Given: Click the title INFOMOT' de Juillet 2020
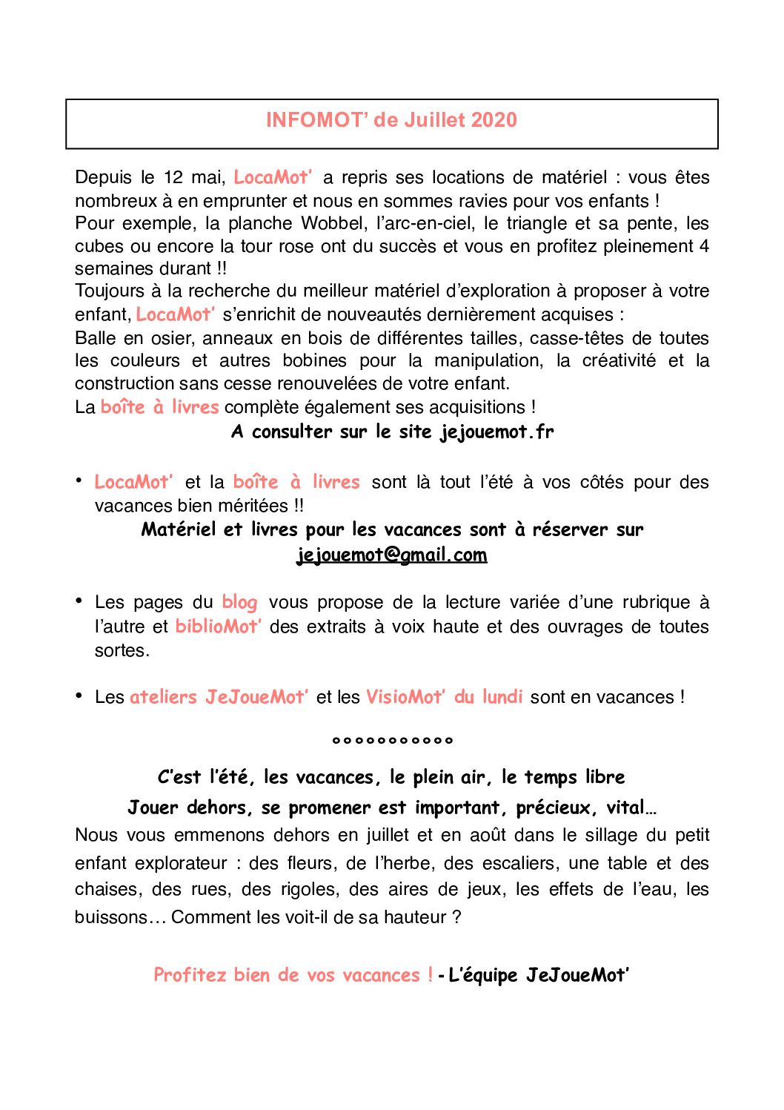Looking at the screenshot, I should tap(391, 120).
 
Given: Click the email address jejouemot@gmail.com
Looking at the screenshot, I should tap(391, 555).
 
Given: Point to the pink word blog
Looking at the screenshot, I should tap(239, 602).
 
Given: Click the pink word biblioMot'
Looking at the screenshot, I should tap(218, 627).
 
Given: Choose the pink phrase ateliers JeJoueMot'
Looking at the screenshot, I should tap(219, 697).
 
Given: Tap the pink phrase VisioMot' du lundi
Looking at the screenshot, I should tap(444, 697).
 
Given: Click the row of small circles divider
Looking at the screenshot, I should tap(392, 740).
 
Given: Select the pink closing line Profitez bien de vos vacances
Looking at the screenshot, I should tap(293, 974).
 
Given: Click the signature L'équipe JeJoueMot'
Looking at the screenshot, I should tap(539, 974).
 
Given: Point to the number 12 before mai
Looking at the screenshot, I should tap(173, 177).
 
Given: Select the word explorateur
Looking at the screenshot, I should tap(187, 863).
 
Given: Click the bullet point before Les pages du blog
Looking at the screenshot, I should tap(79, 600).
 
